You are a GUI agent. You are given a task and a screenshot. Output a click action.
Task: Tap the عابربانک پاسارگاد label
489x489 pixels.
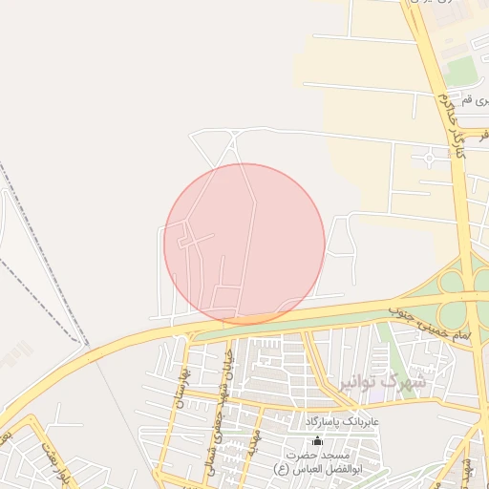click(343, 421)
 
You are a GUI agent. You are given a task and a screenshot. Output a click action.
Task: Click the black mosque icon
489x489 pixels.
click(318, 440)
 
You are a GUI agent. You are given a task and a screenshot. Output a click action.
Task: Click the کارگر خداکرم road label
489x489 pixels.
click(451, 129)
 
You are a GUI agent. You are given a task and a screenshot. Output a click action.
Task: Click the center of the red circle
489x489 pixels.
click(244, 244)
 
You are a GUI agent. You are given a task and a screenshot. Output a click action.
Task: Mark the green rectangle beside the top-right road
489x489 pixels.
click(462, 70)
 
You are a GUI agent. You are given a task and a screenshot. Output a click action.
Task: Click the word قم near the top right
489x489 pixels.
click(468, 100)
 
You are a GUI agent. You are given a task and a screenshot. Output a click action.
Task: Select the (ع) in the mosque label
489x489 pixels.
click(282, 470)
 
